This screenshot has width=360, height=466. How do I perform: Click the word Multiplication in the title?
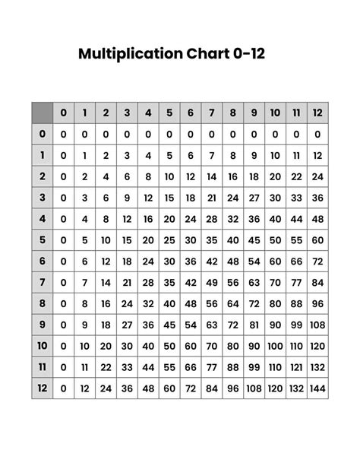pyautogui.click(x=128, y=54)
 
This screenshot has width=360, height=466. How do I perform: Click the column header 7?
pyautogui.click(x=212, y=113)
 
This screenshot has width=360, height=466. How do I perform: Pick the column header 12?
pyautogui.click(x=317, y=113)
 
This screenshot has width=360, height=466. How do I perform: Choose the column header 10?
pyautogui.click(x=275, y=113)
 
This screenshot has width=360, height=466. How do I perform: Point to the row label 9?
pyautogui.click(x=42, y=325)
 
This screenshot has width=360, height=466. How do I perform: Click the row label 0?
pyautogui.click(x=42, y=134)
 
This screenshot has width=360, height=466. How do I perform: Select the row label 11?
pyautogui.click(x=42, y=368)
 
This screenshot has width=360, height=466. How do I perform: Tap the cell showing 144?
pyautogui.click(x=317, y=389)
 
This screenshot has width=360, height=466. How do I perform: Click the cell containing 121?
pyautogui.click(x=296, y=368)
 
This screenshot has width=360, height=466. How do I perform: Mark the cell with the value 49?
pyautogui.click(x=212, y=283)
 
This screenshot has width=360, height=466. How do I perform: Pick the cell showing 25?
pyautogui.click(x=169, y=240)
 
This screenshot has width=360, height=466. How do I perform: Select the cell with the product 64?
pyautogui.click(x=233, y=304)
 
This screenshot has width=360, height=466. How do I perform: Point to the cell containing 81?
pyautogui.click(x=254, y=325)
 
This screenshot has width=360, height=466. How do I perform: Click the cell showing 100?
pyautogui.click(x=275, y=347)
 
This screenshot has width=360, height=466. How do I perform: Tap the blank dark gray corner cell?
pyautogui.click(x=42, y=113)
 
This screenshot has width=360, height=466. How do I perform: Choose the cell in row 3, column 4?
pyautogui.click(x=148, y=198)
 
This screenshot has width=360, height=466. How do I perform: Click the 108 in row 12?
pyautogui.click(x=254, y=389)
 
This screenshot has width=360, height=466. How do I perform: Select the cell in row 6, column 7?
pyautogui.click(x=212, y=262)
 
